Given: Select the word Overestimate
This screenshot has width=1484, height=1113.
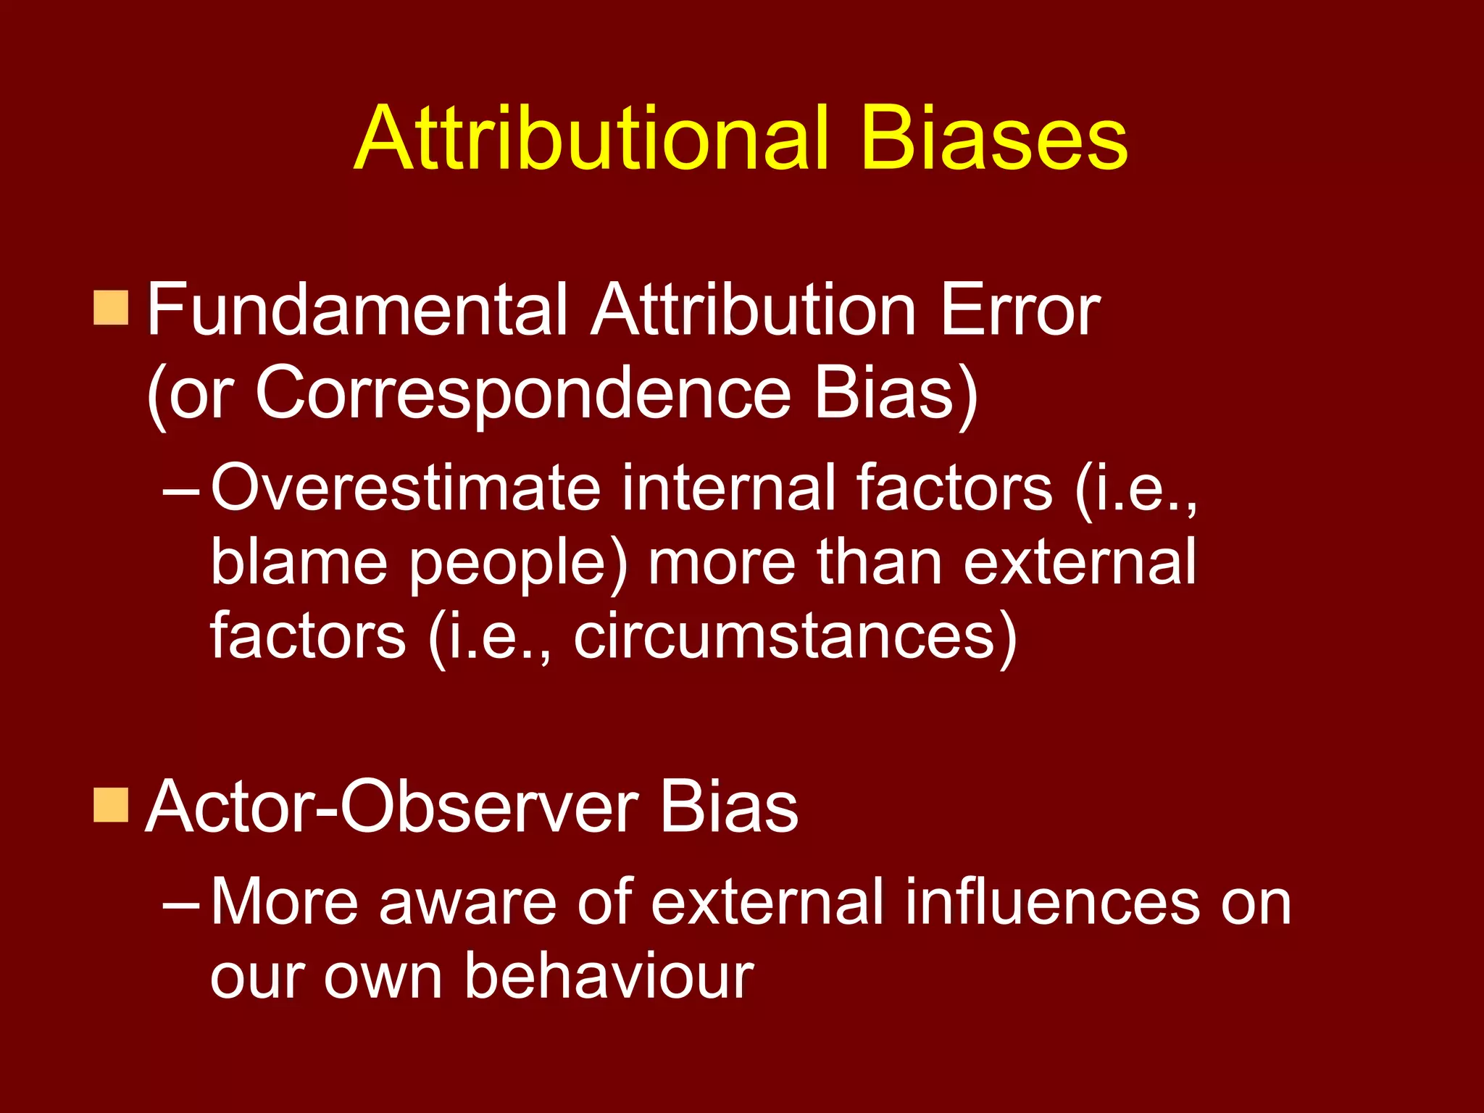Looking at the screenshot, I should pos(406,488).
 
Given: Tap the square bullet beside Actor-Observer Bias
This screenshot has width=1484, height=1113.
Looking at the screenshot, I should pos(111,805).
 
